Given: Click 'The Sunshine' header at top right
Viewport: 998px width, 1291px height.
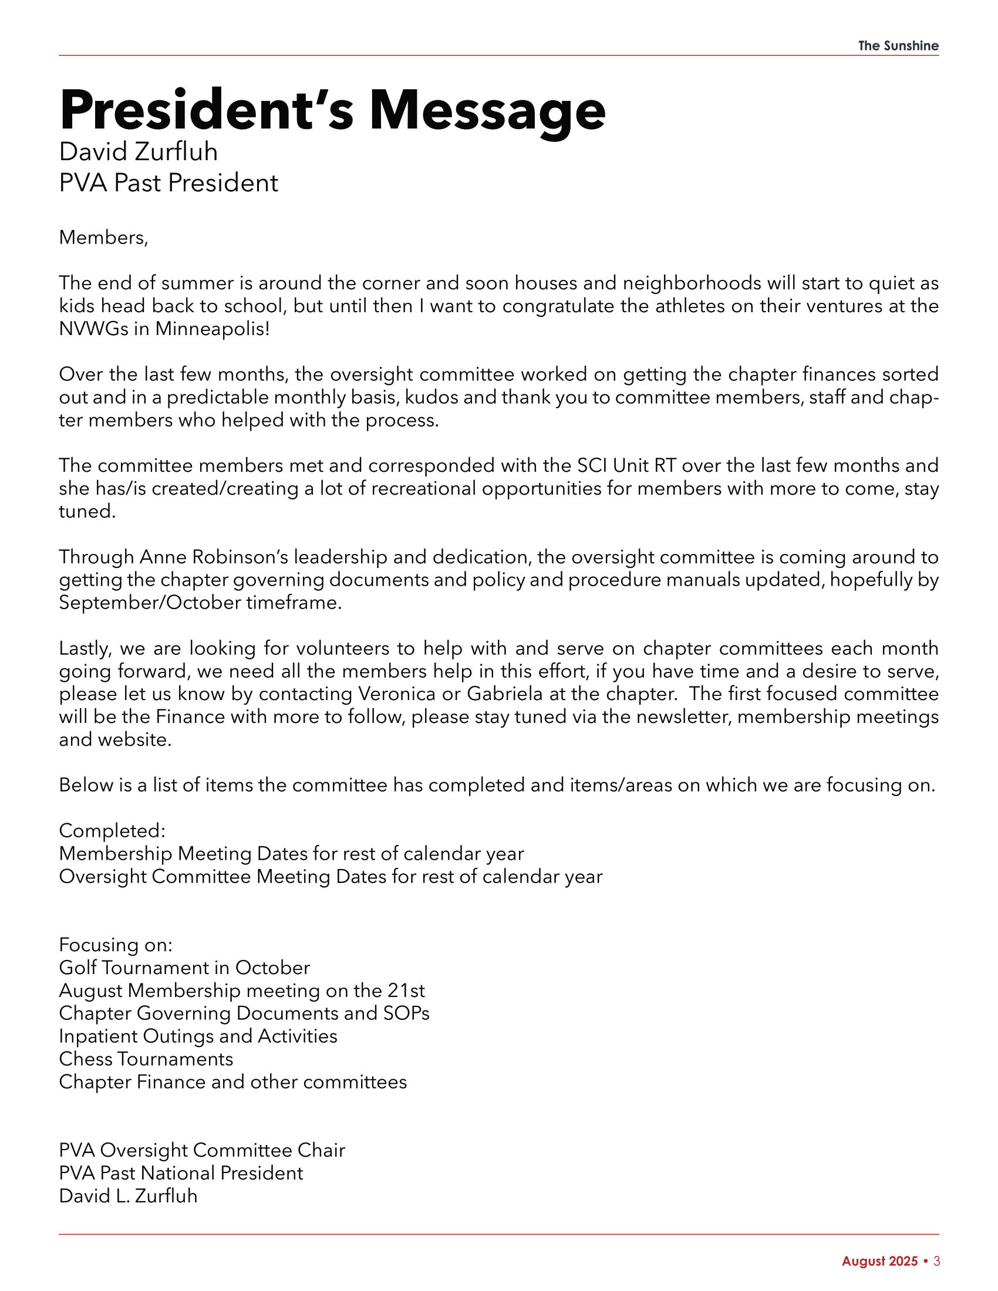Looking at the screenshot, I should click(898, 46).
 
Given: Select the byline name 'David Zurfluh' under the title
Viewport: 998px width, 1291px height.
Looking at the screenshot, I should click(139, 152).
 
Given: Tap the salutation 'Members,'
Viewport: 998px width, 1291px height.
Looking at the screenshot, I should click(103, 238).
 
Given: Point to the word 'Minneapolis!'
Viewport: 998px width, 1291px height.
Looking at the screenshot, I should click(213, 329).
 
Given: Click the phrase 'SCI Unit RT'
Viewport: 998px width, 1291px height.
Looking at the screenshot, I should click(626, 466).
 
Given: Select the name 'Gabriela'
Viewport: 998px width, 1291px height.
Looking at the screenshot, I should click(504, 694).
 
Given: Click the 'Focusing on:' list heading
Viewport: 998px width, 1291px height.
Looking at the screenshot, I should click(116, 945).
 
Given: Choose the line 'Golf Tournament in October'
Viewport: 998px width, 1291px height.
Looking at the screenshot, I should click(184, 968).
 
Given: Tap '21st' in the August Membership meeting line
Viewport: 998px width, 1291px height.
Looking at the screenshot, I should click(406, 991).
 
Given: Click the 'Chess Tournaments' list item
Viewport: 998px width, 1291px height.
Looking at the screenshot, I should click(146, 1059).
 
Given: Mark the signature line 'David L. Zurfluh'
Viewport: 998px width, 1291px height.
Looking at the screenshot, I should click(129, 1197).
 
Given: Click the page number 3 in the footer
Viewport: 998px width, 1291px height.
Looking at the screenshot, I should click(936, 1262).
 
